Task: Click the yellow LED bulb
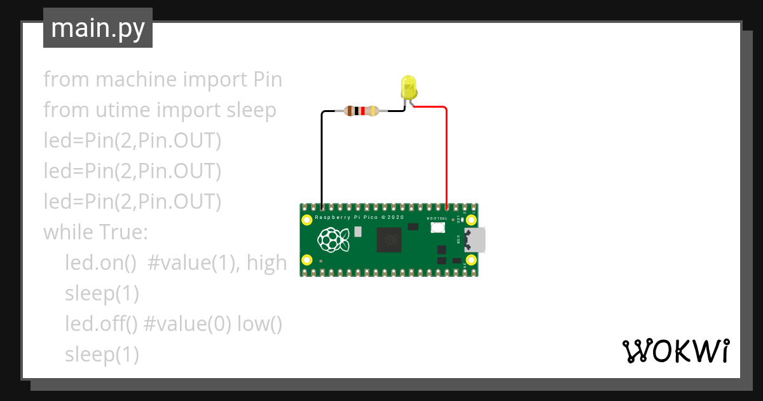click(408, 87)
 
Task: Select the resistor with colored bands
click(361, 111)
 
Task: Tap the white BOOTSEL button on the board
click(437, 228)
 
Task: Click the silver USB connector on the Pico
click(476, 240)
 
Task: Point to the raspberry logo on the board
click(333, 239)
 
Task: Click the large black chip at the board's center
click(388, 241)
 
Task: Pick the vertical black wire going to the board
click(322, 159)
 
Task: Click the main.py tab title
click(98, 28)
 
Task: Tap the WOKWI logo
click(675, 351)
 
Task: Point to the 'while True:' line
click(95, 232)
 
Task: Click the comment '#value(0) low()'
click(213, 324)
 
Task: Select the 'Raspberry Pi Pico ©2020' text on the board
click(359, 218)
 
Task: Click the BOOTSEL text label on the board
click(437, 218)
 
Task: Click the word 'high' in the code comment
click(267, 262)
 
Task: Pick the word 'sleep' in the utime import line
click(252, 110)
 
